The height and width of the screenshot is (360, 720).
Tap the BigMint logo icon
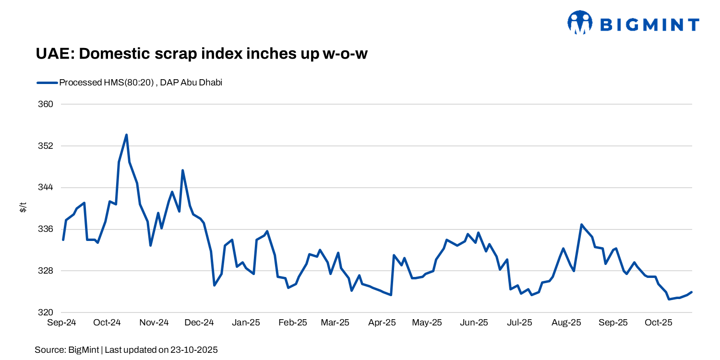pos(580,23)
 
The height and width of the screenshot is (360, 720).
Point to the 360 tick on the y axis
pos(46,104)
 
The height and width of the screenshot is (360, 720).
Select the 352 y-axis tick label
pos(46,146)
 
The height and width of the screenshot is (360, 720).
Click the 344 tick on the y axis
pos(46,188)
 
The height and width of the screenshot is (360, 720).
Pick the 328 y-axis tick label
pos(46,271)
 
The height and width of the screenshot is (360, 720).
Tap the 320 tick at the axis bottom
pos(46,312)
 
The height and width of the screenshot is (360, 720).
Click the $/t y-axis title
pos(23,208)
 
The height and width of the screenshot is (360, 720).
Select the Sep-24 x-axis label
pos(61,323)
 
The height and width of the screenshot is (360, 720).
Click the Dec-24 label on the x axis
pos(199,323)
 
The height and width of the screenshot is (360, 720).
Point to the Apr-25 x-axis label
pos(382,323)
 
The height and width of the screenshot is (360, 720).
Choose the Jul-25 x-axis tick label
pos(519,323)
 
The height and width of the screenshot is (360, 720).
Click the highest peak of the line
pos(126,135)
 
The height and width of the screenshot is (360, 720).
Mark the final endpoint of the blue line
pos(691,292)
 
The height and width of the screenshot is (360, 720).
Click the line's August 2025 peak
pos(581,225)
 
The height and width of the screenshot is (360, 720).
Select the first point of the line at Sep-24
pos(63,240)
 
